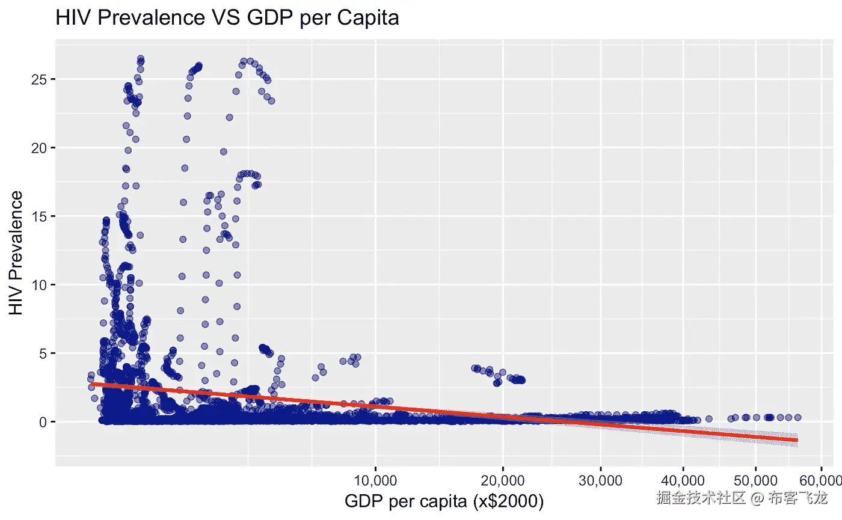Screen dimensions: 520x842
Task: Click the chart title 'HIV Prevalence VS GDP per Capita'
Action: coord(227,18)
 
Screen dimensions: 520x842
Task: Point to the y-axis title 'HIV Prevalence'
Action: coord(17,252)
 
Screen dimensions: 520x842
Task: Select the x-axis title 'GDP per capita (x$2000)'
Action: coord(444,501)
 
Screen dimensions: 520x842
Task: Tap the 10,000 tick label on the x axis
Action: coord(375,480)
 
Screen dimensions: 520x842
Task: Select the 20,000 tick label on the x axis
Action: coord(503,480)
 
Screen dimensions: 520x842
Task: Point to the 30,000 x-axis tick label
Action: coord(600,480)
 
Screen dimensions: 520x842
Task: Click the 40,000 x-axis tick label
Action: coord(683,480)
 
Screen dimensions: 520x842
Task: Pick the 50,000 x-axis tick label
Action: coord(755,480)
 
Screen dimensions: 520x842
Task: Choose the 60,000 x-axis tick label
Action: coord(822,480)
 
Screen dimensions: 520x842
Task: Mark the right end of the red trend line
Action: coord(797,440)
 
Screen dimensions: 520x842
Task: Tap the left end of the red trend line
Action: coord(91,384)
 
